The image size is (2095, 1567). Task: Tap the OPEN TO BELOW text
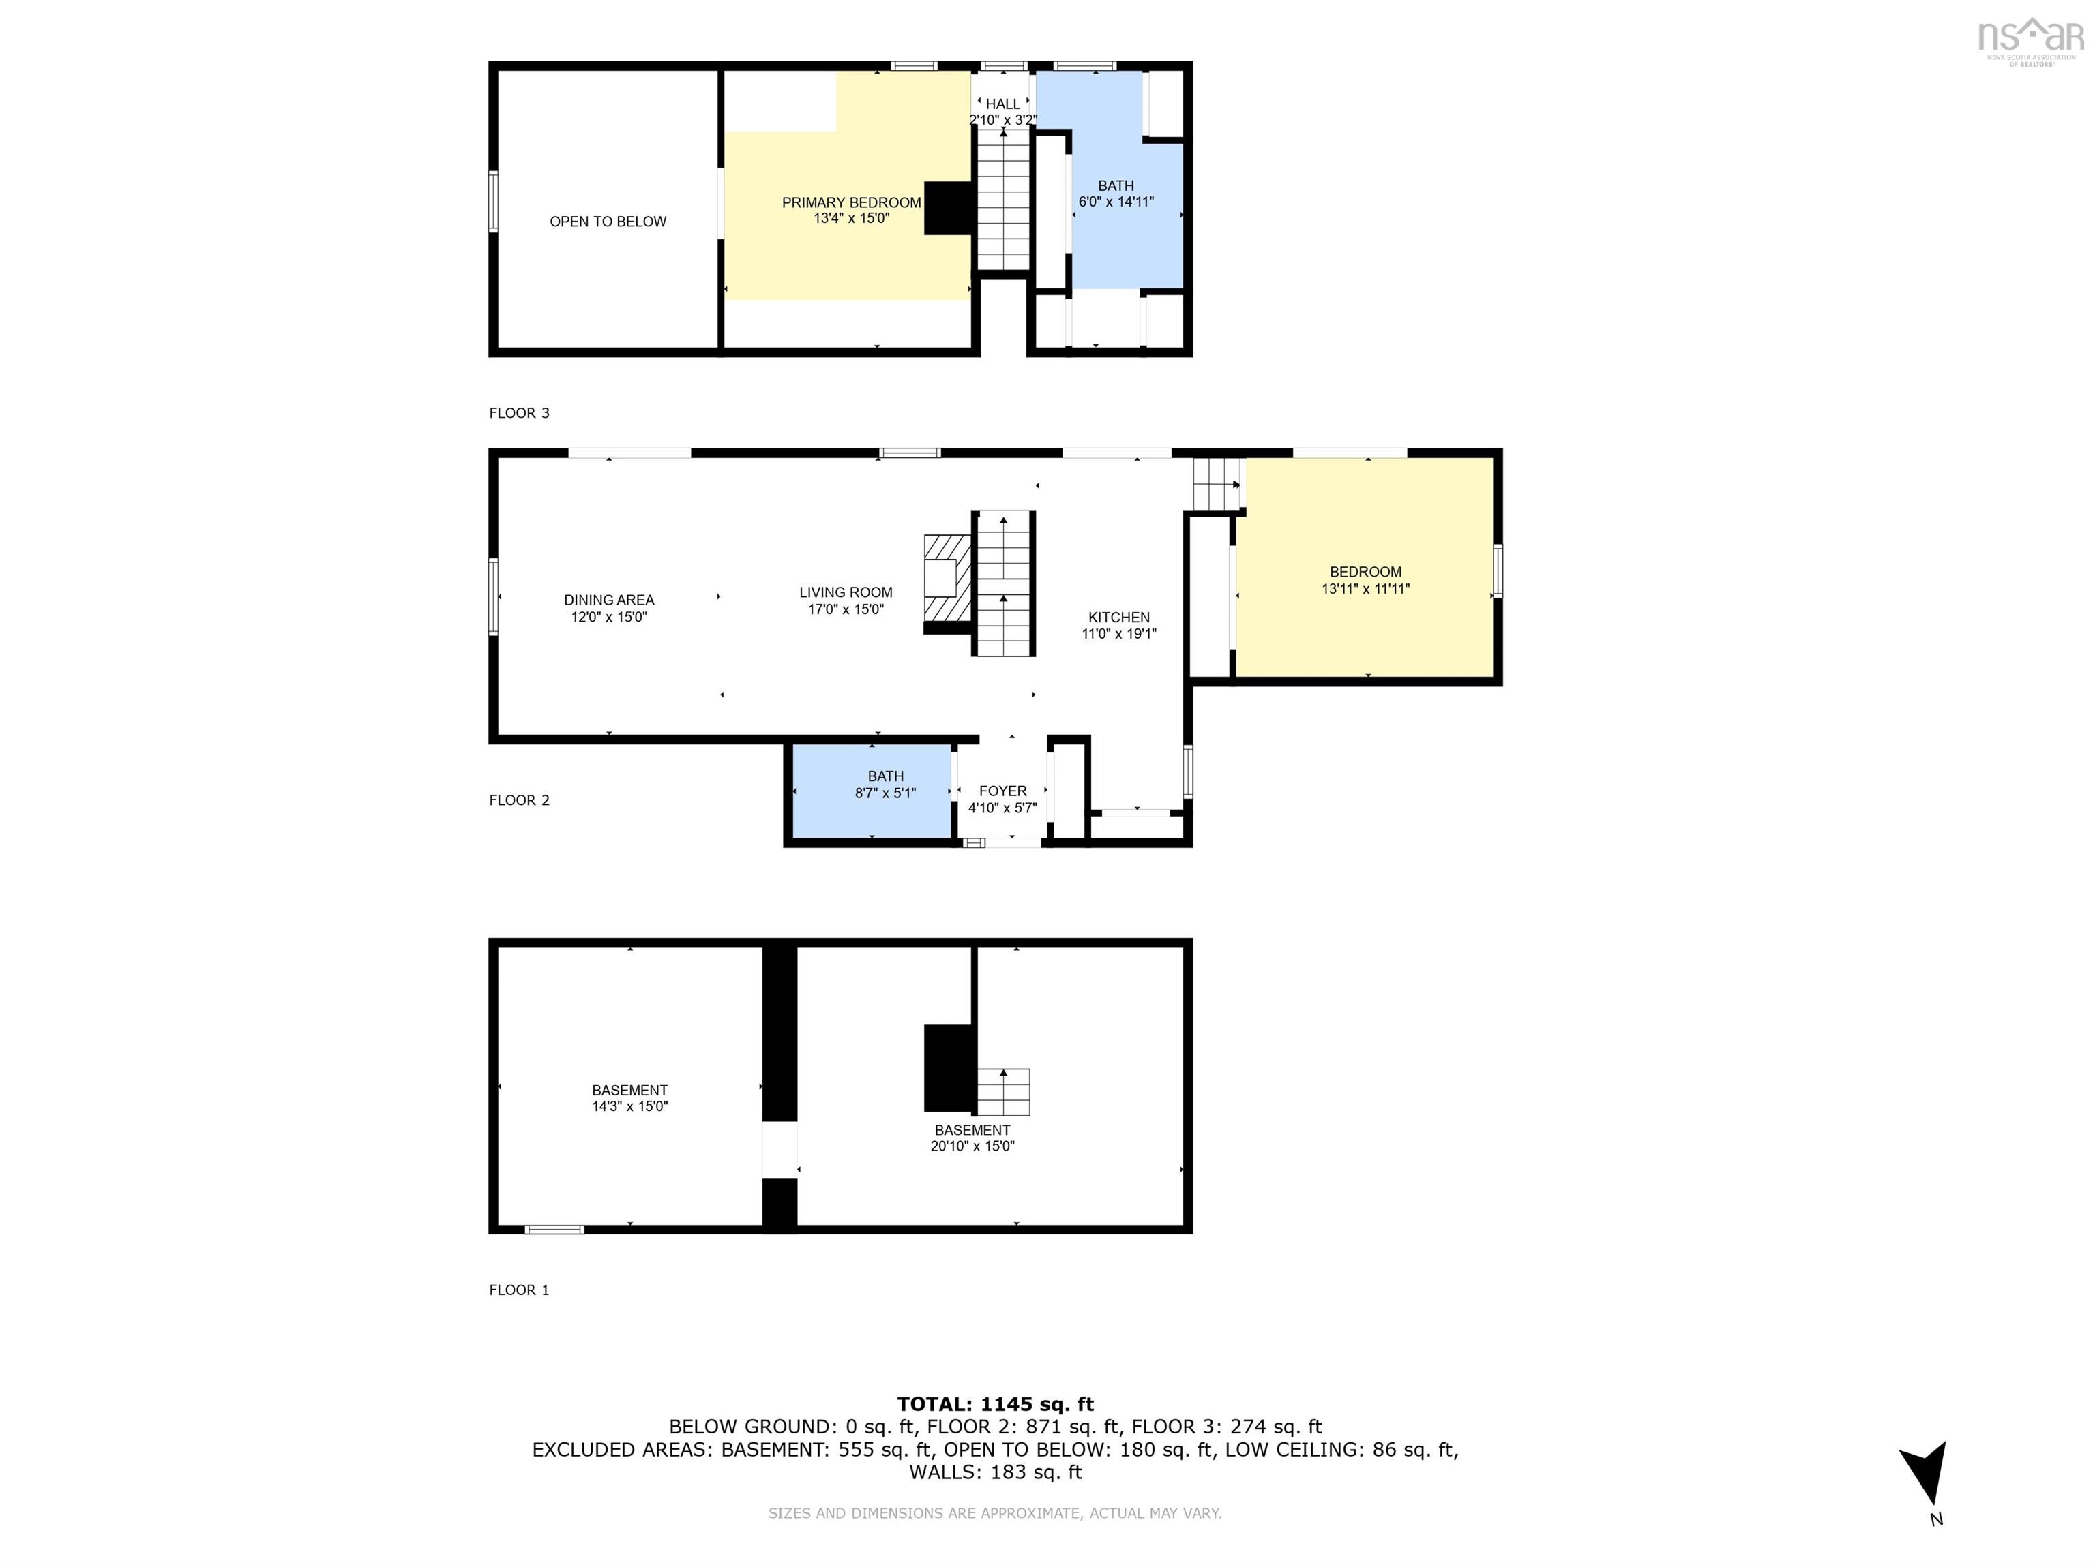(608, 222)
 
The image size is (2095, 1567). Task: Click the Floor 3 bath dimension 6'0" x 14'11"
(1116, 202)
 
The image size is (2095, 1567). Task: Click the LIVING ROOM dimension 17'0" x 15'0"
(845, 609)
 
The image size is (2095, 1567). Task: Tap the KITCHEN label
(1118, 618)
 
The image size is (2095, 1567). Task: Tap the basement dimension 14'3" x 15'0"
(630, 1106)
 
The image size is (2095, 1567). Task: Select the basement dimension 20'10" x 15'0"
(972, 1146)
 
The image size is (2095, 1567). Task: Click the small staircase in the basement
(1003, 1092)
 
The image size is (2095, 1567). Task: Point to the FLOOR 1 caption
(519, 1290)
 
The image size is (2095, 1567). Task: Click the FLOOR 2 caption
(519, 800)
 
